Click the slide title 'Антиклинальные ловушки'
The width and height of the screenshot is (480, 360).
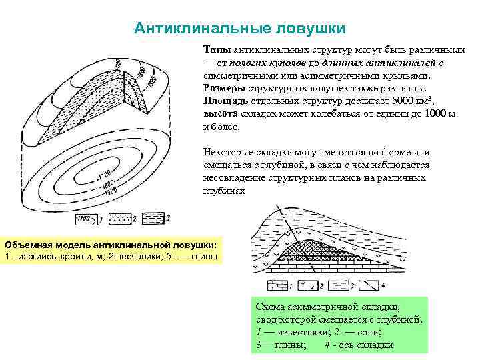pos(239,29)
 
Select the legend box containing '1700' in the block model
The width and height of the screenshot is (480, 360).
pos(83,219)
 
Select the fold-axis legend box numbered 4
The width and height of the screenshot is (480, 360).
pos(369,286)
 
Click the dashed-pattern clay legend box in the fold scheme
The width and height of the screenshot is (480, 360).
pos(340,286)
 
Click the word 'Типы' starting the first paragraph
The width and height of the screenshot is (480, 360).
pos(216,50)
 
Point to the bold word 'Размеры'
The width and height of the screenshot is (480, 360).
pos(225,87)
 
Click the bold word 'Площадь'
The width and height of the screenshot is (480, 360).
pos(226,100)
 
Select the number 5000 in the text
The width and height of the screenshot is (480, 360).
pos(401,100)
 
